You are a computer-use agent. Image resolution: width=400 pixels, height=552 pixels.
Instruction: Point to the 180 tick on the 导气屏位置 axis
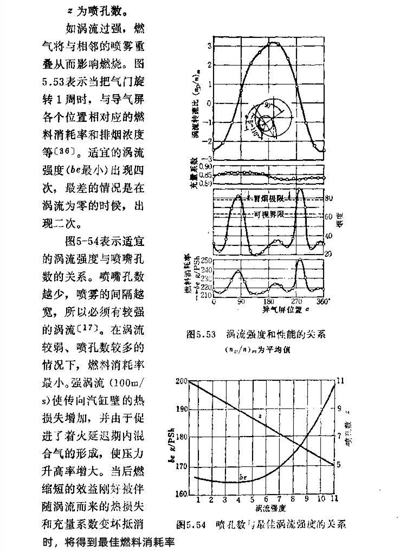click(267, 302)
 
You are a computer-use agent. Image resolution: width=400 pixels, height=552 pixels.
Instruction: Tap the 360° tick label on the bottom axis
click(323, 302)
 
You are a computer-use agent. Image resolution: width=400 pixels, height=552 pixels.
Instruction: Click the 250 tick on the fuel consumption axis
click(206, 261)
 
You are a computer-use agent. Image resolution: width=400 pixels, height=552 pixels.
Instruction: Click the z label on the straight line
click(260, 414)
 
